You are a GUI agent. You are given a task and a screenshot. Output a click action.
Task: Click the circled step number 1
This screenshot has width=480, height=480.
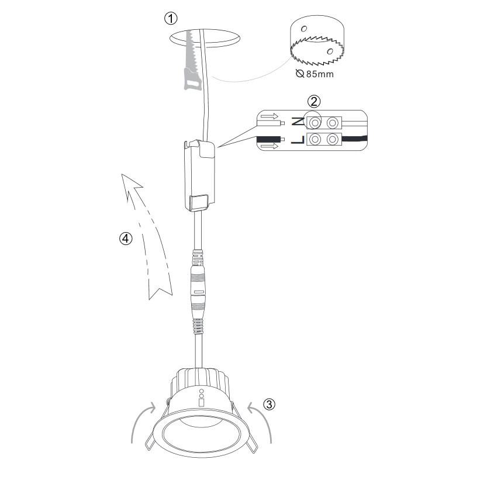coord(171,19)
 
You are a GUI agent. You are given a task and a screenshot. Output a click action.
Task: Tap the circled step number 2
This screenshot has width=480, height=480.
coord(314,101)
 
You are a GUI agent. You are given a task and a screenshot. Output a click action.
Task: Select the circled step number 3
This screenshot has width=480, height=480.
coord(269,404)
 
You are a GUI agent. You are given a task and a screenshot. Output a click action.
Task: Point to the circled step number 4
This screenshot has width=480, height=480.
coord(126,239)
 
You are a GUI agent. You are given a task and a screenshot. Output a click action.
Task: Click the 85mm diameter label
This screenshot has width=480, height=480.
coord(315,74)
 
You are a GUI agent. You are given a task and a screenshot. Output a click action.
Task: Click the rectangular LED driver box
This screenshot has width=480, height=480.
coord(200,175)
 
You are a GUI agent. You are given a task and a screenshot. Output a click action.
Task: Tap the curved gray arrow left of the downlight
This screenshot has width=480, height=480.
coord(142,424)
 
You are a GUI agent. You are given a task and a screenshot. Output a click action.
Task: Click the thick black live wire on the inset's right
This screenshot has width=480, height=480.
coord(354,139)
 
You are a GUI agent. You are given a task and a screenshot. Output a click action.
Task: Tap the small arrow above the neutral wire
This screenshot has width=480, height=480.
coord(270,116)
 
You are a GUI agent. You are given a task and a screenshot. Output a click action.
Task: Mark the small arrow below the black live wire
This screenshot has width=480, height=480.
coord(270,146)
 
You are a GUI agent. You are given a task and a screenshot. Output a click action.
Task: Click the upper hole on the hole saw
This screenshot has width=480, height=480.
coord(303,29)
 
